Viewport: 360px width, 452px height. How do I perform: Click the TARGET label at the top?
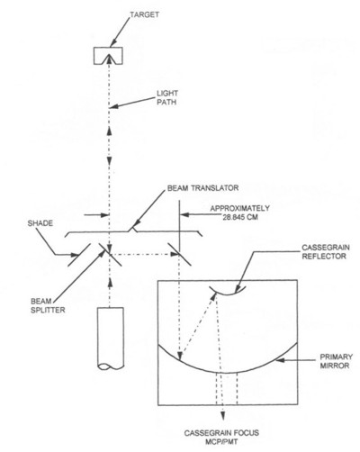[x=144, y=14]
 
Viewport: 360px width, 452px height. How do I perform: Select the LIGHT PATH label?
[x=167, y=97]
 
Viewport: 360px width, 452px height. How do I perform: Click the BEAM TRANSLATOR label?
[x=202, y=188]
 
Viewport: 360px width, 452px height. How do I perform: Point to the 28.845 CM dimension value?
[x=240, y=217]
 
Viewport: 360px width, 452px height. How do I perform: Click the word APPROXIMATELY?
[x=239, y=208]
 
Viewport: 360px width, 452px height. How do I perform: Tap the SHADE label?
[x=40, y=223]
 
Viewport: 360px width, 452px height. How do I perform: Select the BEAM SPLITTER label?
[x=48, y=305]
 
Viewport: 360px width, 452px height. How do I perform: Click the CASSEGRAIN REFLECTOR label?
[x=326, y=252]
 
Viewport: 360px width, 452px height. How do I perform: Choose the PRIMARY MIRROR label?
[x=336, y=361]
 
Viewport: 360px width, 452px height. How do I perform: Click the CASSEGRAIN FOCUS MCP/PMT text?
[x=221, y=438]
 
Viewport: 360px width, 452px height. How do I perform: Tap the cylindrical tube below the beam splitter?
[x=111, y=339]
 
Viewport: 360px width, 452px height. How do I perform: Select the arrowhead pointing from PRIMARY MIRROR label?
[x=280, y=359]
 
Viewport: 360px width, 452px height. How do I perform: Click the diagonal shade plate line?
[x=79, y=255]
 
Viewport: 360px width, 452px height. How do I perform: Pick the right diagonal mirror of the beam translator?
[x=180, y=255]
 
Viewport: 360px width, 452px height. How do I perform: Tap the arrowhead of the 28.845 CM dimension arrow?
[x=184, y=215]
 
